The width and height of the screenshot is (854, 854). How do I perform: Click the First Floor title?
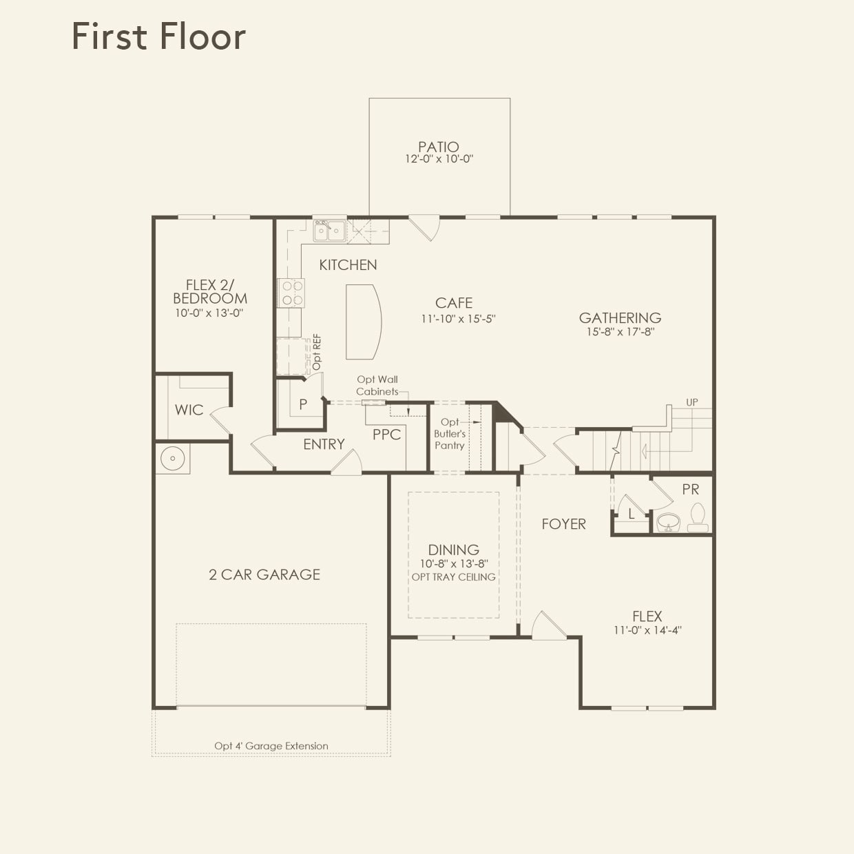coord(158,37)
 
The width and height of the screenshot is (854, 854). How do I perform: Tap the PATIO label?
coord(439,147)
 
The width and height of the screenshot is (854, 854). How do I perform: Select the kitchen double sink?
coord(330,231)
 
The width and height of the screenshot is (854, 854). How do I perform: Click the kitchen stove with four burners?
coord(290,293)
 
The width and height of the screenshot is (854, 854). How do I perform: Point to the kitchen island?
coord(362,322)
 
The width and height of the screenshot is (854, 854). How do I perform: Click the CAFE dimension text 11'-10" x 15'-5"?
coord(458,319)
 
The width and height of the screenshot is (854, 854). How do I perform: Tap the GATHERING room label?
coord(620,317)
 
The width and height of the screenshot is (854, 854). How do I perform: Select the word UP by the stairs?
coord(691,402)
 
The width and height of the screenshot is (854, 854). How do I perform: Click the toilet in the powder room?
coord(697,518)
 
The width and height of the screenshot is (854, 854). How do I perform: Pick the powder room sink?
coord(667,523)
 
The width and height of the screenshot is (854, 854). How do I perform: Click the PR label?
coord(690,489)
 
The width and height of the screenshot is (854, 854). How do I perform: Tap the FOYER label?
coord(563,524)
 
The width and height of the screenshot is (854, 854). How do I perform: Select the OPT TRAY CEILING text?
coord(453,577)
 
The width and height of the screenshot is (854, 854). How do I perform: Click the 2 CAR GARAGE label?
coord(264,574)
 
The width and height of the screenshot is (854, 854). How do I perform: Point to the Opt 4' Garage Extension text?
coord(271,746)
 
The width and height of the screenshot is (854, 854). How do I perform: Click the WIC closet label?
coord(189,410)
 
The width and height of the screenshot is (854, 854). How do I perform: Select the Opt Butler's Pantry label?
coord(450,434)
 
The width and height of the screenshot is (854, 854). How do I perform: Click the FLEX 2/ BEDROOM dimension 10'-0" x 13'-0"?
coord(209,313)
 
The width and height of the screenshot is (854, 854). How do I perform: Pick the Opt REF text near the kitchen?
coord(317,352)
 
